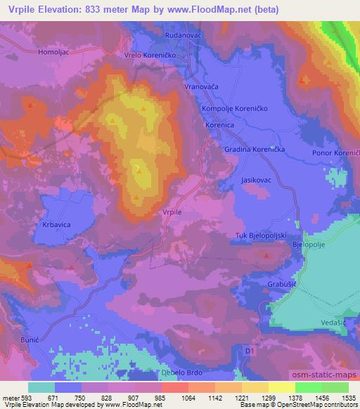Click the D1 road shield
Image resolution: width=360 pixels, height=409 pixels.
[x=250, y=349]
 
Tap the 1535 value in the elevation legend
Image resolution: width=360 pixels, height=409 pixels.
[x=348, y=397]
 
